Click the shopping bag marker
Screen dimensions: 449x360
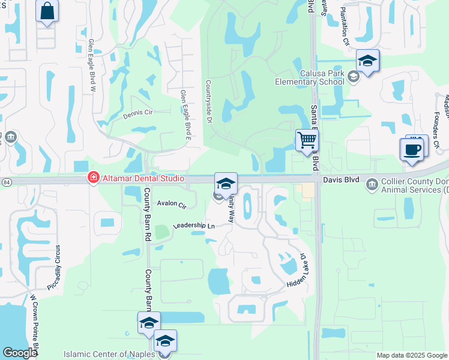47,11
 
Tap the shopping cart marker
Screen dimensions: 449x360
307,140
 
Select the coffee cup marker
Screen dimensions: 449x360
412,149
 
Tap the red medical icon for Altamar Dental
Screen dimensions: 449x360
92,178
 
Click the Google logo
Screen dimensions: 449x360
20,353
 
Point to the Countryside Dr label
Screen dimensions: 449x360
209,102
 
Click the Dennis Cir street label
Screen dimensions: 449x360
139,113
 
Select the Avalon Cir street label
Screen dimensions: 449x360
172,204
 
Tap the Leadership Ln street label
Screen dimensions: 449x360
193,226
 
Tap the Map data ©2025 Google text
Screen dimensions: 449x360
412,355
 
